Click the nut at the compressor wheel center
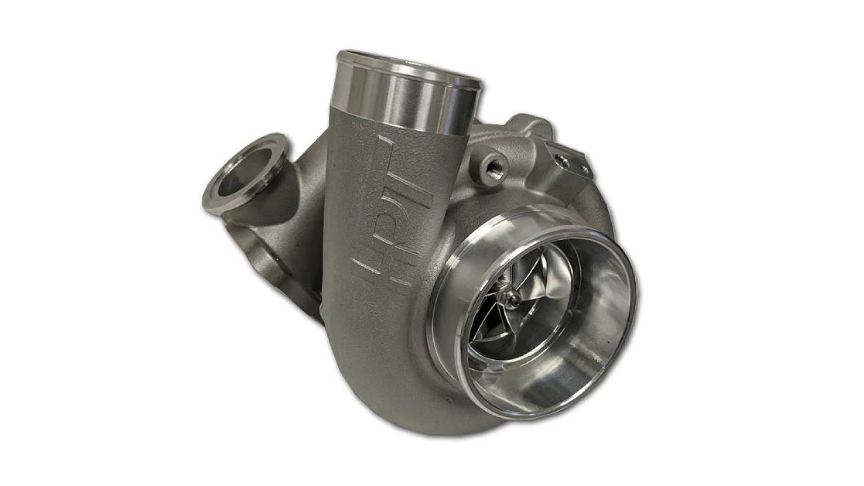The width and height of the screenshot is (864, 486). tap(514, 299)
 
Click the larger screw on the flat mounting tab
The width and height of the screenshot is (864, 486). tap(562, 161)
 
